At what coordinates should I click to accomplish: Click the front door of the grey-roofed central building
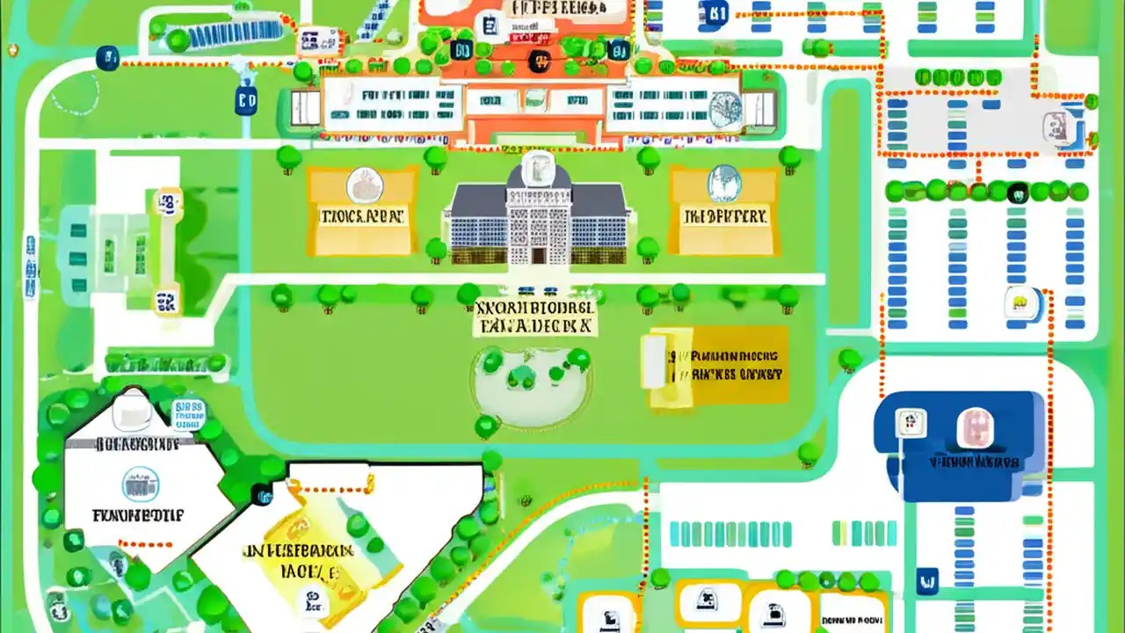538,255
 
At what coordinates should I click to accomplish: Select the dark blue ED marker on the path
246,101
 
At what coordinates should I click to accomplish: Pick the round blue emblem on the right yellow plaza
724,183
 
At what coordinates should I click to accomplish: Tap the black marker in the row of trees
1018,191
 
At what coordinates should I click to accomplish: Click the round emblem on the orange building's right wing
725,108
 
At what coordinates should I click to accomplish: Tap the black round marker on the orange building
537,62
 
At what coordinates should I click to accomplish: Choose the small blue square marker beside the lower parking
925,581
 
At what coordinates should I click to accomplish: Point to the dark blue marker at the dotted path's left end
107,59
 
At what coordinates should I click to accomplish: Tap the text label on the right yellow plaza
724,215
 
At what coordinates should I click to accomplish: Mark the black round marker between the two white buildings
261,494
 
